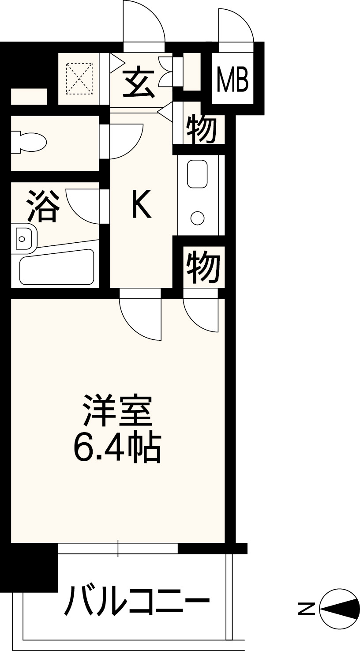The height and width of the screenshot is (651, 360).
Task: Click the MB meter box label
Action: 233,79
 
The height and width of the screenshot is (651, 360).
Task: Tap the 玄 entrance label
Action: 139,84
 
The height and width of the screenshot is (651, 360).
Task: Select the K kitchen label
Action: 142,203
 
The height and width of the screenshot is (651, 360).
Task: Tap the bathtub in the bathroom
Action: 57,267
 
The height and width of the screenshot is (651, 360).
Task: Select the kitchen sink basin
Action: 197,174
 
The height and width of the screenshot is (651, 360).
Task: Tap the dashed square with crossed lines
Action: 79,79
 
